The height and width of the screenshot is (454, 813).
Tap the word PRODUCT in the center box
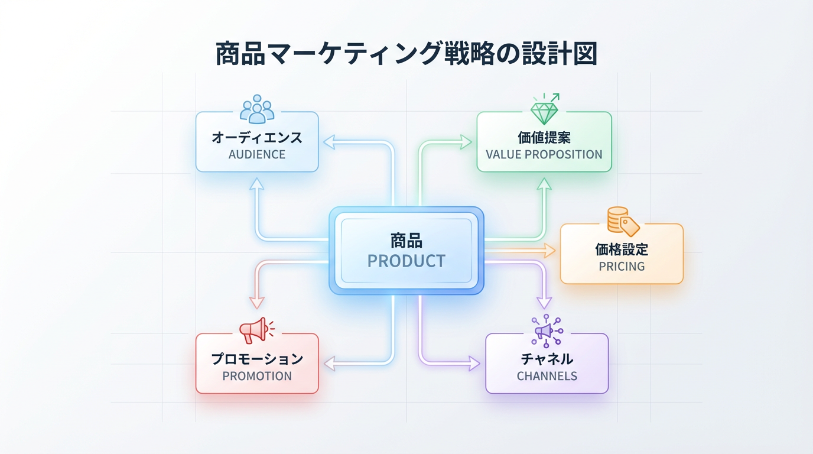pyautogui.click(x=406, y=261)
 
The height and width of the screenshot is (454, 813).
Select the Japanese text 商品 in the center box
pyautogui.click(x=406, y=241)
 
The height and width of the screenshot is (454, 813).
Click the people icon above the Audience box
pyautogui.click(x=257, y=109)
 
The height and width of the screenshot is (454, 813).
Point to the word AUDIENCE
pyautogui.click(x=257, y=155)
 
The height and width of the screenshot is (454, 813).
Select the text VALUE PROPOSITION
pyautogui.click(x=544, y=155)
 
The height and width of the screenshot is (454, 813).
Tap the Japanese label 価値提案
pyautogui.click(x=544, y=138)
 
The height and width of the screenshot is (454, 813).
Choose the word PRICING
pyautogui.click(x=622, y=267)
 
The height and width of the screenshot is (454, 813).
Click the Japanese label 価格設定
pyautogui.click(x=622, y=249)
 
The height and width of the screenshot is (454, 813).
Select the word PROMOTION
pyautogui.click(x=257, y=376)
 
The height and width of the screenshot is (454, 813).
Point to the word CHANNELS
pyautogui.click(x=547, y=376)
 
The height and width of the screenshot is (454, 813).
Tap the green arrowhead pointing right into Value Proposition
pyautogui.click(x=466, y=142)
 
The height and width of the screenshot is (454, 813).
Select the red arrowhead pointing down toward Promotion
pyautogui.click(x=256, y=302)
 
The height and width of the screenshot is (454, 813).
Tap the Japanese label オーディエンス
pyautogui.click(x=257, y=138)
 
